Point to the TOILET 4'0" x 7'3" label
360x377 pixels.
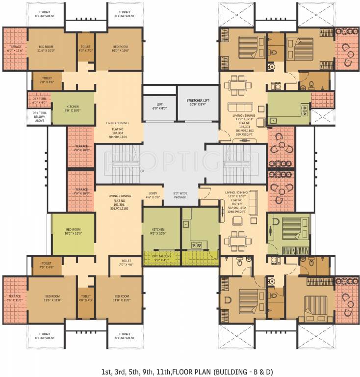[x=86, y=298]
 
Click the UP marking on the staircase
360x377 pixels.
[x=142, y=171]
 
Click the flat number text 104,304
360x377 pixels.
[x=117, y=133]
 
